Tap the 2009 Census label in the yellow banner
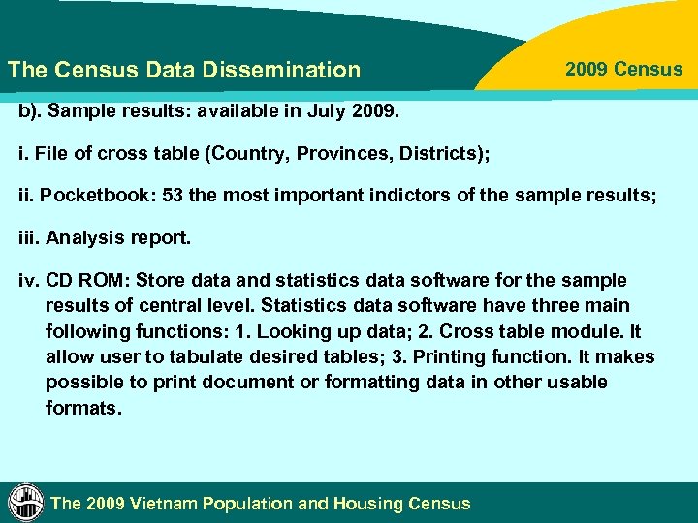pos(623,69)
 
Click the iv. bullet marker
pos(27,281)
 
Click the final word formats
pos(83,408)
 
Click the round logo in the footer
pos(25,502)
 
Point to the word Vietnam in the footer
pos(171,504)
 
